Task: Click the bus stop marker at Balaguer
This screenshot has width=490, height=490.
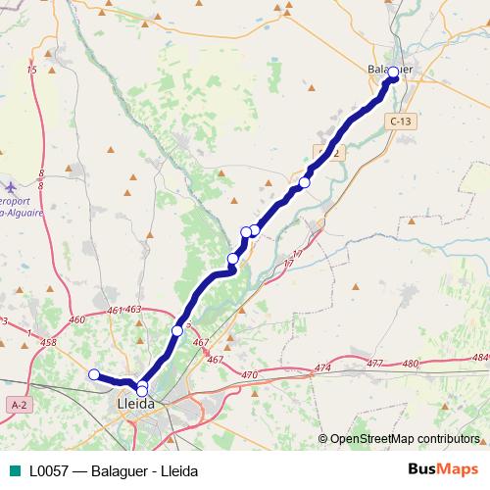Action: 393,73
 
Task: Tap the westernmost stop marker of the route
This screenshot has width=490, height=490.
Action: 94,374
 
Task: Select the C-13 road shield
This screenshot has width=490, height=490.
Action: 399,121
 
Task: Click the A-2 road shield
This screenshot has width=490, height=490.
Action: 18,405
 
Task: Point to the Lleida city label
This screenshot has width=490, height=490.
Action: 135,403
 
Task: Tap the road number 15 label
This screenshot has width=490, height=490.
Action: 32,71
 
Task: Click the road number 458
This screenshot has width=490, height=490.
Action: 49,343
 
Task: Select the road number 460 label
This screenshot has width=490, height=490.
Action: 78,319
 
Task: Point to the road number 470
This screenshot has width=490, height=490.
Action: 249,374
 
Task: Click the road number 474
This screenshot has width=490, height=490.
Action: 322,367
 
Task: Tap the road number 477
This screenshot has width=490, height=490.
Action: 374,364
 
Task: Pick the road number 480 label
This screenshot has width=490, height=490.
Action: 410,364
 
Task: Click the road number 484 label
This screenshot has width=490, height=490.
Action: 478,358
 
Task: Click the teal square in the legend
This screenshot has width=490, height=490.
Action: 16,469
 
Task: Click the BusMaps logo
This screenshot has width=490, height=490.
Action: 442,469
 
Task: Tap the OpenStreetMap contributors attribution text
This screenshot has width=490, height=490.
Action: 405,438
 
